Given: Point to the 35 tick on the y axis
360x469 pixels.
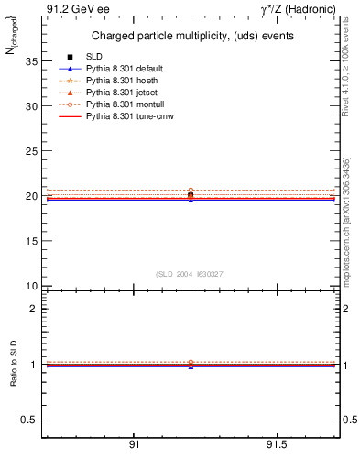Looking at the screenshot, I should (x=29, y=61).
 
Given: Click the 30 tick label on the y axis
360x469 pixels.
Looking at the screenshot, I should (x=29, y=106).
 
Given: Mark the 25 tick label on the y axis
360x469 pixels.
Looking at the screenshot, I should (x=29, y=151).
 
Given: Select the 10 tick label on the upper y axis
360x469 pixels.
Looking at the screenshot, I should (x=29, y=286).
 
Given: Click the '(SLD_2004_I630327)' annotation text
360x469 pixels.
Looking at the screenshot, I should (x=190, y=274).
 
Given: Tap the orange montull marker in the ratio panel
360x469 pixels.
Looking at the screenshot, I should (x=191, y=363).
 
